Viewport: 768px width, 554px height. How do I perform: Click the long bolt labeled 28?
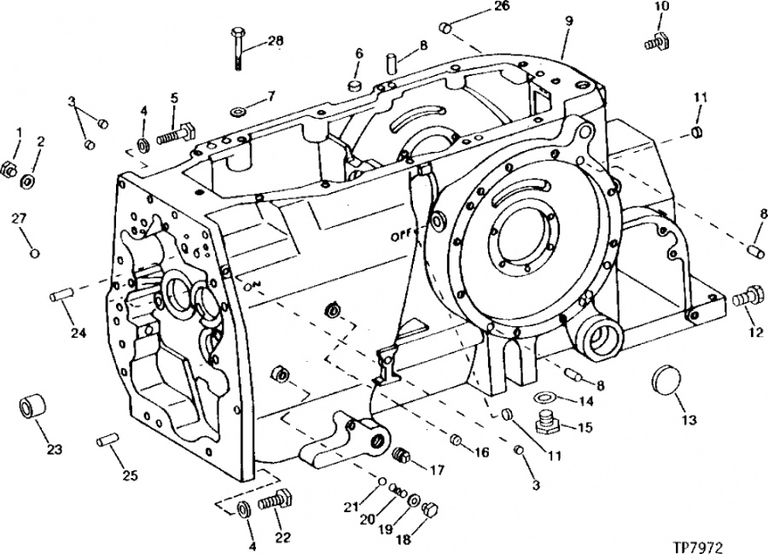tap(236, 49)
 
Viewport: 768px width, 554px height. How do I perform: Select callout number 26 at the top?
tap(501, 6)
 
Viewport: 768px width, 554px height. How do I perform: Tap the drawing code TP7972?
tap(697, 545)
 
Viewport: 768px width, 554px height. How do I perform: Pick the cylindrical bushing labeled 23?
tap(32, 405)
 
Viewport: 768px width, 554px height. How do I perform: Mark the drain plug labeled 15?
tap(549, 423)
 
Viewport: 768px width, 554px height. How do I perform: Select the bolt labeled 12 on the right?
tap(748, 297)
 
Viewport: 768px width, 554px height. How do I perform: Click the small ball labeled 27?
tap(34, 254)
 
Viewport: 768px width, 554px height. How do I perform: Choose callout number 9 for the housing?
tap(568, 21)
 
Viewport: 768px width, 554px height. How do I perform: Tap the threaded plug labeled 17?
tap(401, 456)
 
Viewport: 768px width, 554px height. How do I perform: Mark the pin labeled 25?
tap(106, 440)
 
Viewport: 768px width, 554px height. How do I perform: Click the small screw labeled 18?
tap(429, 509)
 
